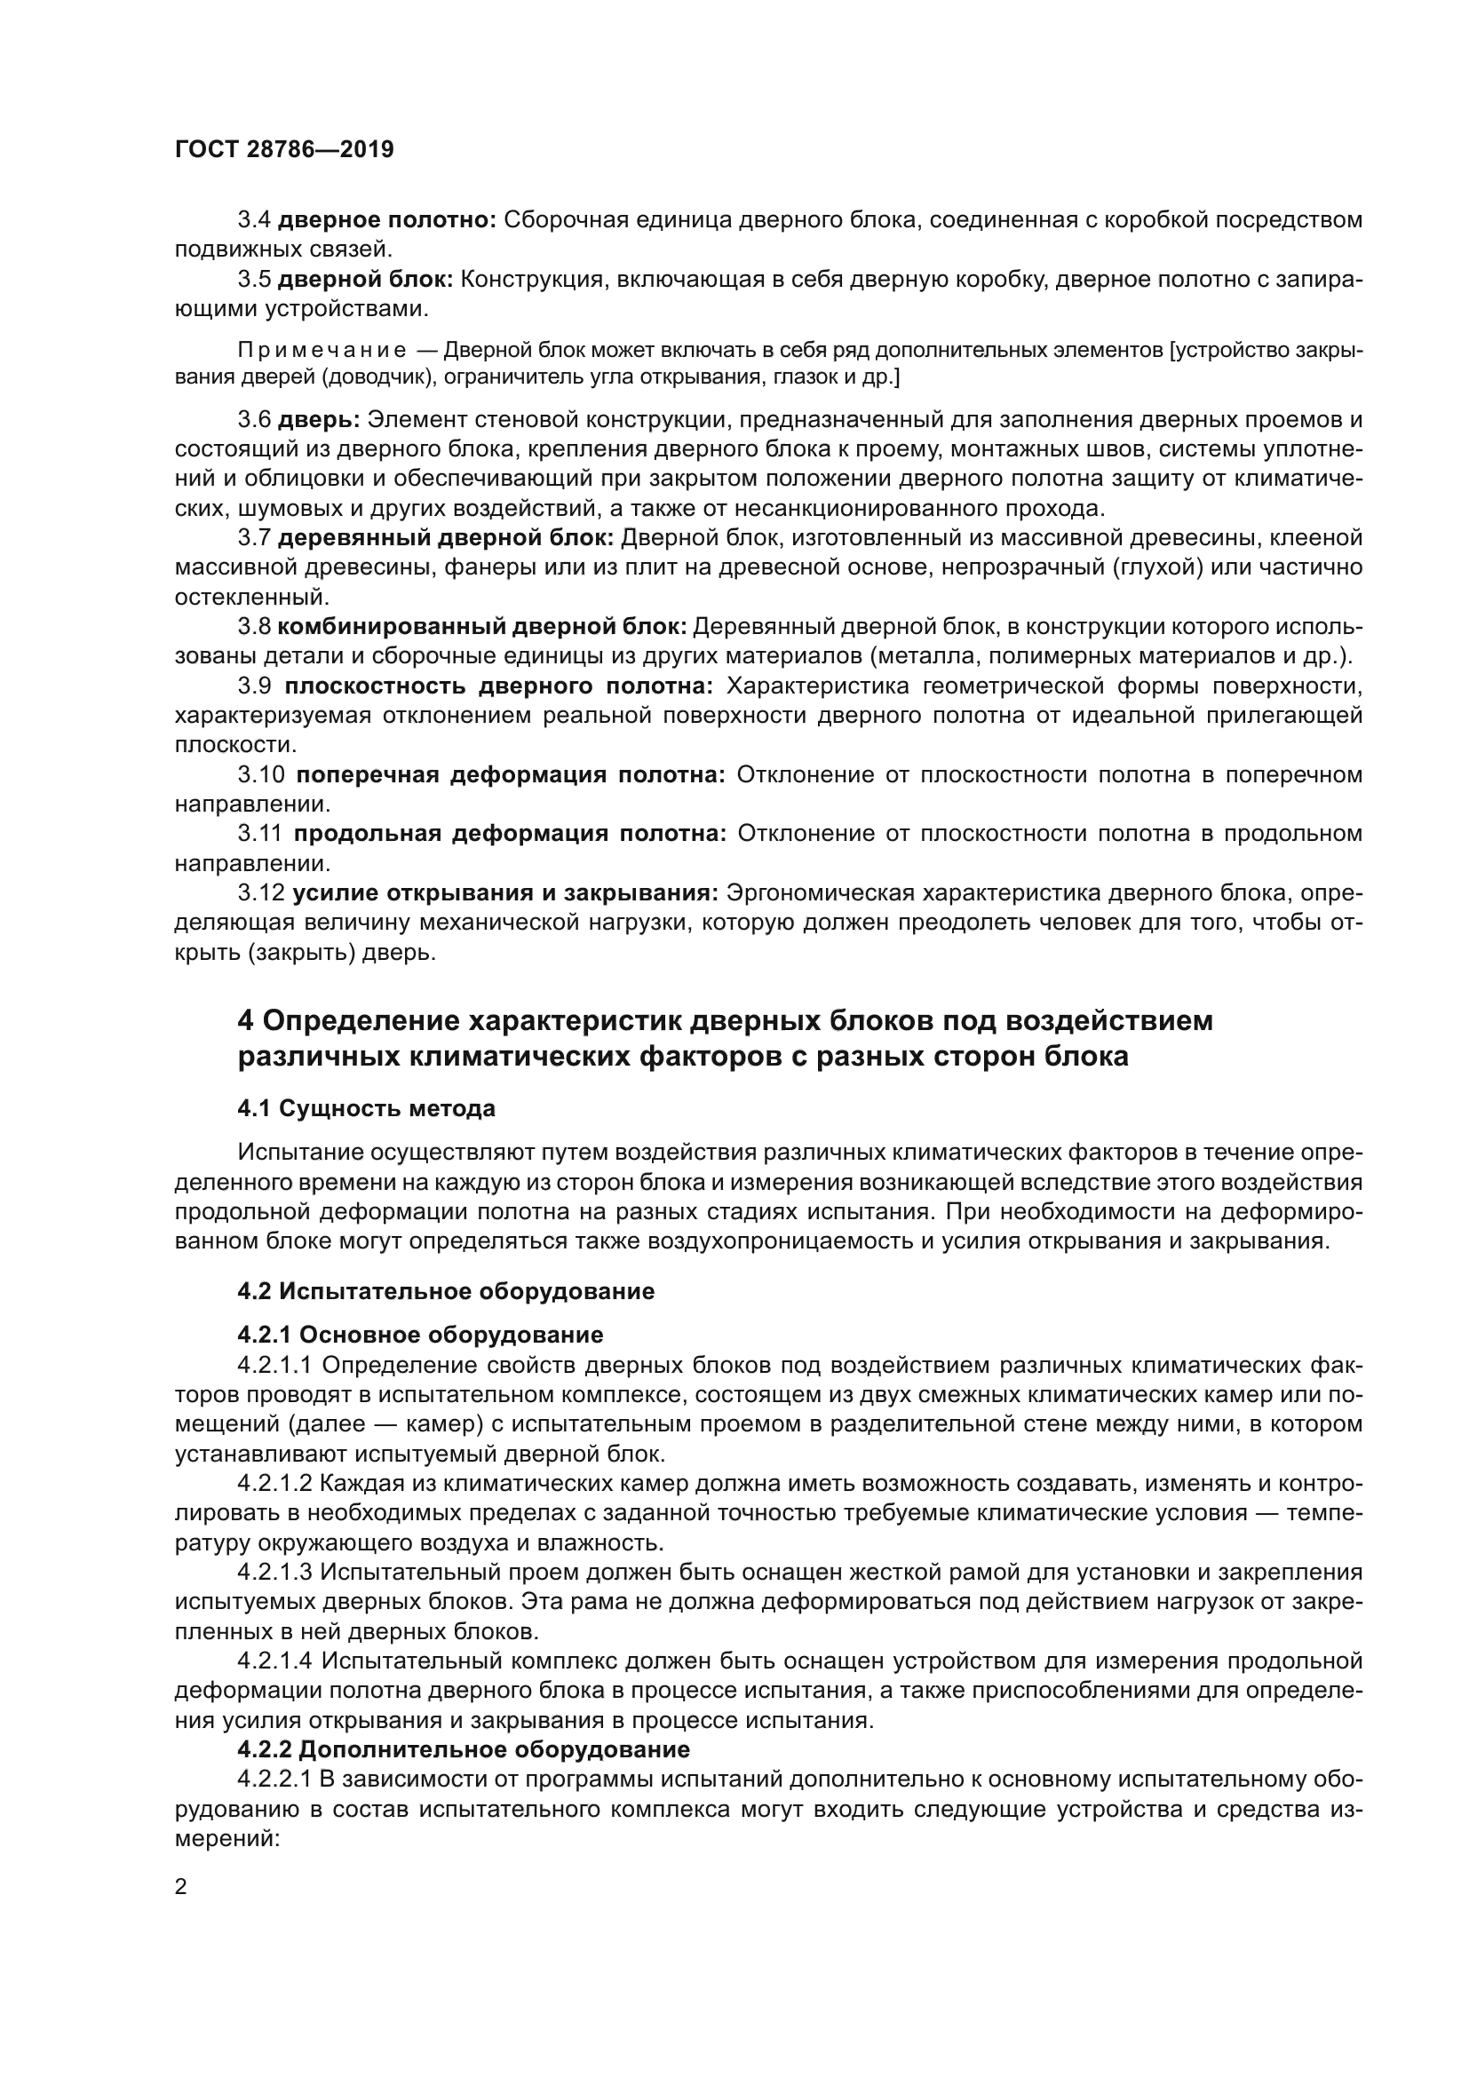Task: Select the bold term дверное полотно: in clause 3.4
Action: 386,220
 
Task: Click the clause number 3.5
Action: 254,279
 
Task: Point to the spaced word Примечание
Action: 322,350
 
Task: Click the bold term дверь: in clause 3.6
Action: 319,420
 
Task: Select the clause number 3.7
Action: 254,538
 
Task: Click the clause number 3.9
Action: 254,686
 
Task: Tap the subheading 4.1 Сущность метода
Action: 365,1108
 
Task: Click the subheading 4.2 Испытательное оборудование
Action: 445,1291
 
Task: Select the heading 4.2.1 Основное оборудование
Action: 420,1335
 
